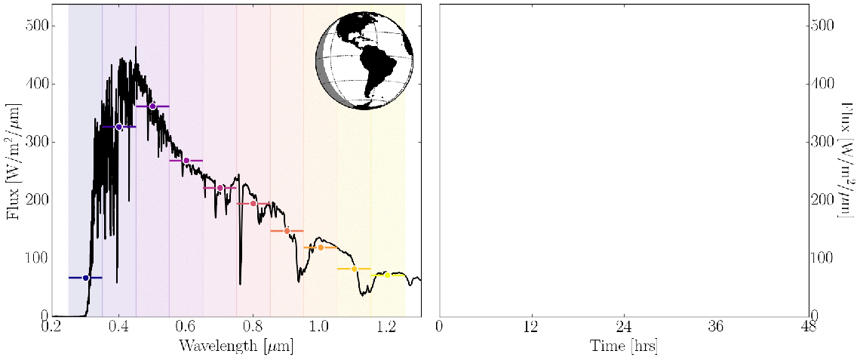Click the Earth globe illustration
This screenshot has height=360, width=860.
(x=364, y=60)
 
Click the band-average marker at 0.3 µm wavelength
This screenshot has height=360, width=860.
(x=85, y=278)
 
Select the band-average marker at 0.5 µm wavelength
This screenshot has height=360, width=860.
(x=152, y=106)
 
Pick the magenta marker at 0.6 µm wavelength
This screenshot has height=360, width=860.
(x=186, y=161)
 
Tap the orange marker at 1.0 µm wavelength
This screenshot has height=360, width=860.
(x=321, y=248)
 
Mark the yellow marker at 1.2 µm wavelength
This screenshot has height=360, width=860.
(x=388, y=275)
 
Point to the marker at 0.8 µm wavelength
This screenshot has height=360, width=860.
(x=253, y=204)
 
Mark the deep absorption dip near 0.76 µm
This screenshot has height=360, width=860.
(x=241, y=281)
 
